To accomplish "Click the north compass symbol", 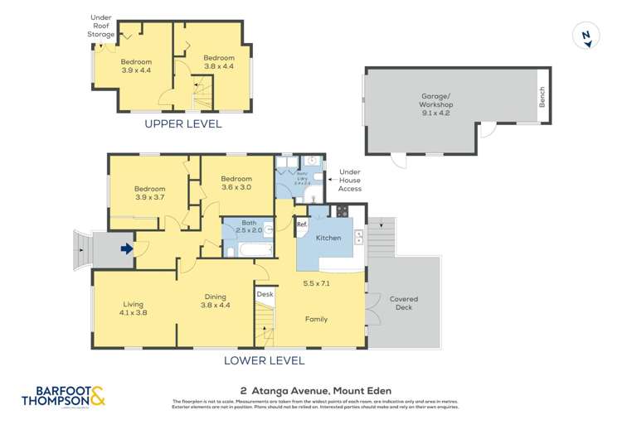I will (x=586, y=35).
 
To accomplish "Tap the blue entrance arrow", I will (x=126, y=248).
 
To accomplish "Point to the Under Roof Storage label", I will (x=102, y=25).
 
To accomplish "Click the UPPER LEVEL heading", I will (x=183, y=124).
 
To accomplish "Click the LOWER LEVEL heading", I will (x=265, y=360).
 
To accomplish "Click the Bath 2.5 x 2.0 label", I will (x=249, y=227).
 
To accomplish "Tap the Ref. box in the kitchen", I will (x=302, y=224).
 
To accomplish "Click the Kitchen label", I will (x=328, y=238).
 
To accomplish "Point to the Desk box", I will (x=265, y=294).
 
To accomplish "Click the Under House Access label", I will (x=349, y=182).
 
